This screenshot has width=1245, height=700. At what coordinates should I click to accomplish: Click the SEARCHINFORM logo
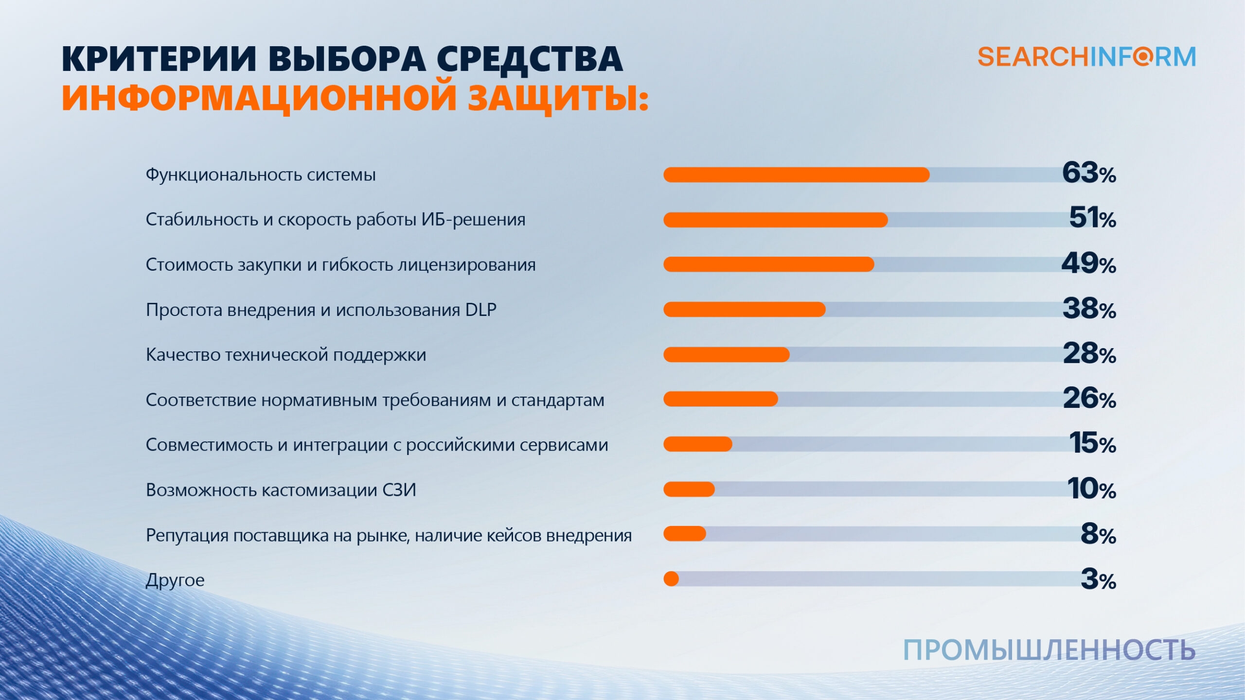pos(1086,57)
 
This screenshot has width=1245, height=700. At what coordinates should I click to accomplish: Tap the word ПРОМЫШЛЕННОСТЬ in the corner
pos(1049,650)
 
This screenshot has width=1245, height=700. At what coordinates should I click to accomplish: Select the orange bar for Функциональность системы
pos(796,175)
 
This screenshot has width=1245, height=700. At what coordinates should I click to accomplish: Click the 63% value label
pos(1089,174)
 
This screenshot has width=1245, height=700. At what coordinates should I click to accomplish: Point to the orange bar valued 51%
pos(775,220)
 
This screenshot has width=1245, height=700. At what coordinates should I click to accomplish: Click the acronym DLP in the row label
pos(480,310)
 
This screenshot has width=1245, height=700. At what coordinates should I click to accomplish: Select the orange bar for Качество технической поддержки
pos(726,355)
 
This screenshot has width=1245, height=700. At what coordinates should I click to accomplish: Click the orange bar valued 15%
pos(697,444)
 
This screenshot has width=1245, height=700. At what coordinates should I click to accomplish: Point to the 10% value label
pos(1091,489)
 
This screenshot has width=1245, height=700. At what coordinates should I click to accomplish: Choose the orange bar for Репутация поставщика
pos(684,534)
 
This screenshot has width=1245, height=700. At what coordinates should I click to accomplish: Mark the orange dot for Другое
pos(671,579)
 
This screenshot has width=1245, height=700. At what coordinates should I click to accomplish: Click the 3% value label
pos(1098,579)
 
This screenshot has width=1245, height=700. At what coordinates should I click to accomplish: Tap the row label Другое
pos(175,580)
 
